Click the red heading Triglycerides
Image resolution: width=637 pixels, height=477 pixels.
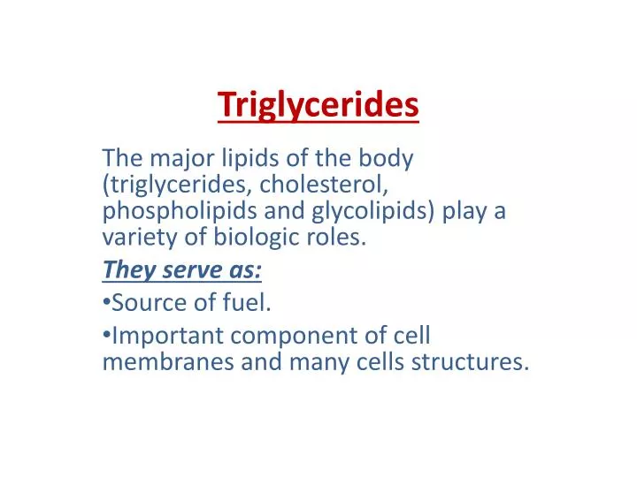point(318,104)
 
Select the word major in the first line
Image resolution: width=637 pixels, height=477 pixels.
point(175,159)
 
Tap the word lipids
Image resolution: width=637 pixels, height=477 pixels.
point(243,160)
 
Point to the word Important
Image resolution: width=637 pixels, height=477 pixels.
point(168,337)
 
